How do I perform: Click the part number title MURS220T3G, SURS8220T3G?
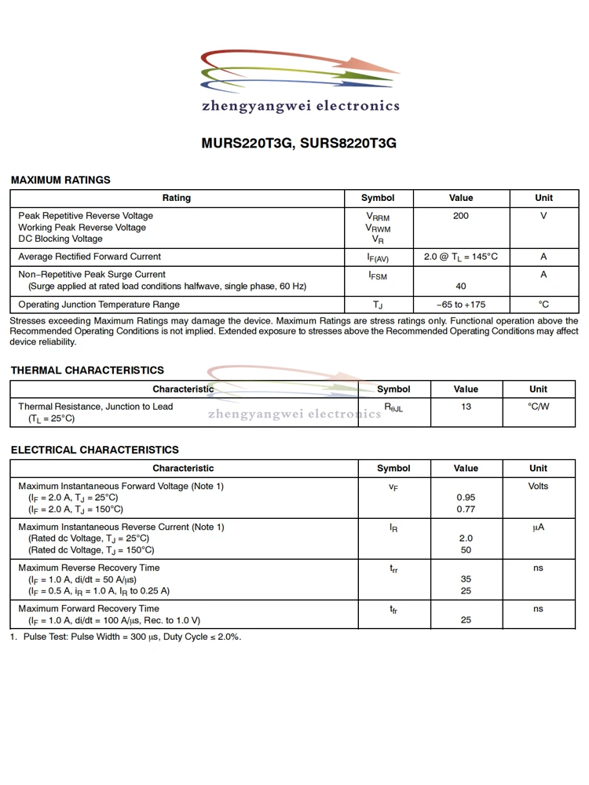(298, 144)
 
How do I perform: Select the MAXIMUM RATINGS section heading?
(60, 180)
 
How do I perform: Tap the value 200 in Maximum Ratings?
(461, 216)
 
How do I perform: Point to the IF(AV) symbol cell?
(378, 257)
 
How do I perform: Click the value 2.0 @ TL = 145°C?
(461, 257)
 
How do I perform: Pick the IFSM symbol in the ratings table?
(378, 276)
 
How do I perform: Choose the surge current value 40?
(461, 287)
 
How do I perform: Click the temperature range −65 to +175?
(461, 305)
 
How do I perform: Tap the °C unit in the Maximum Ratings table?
(543, 305)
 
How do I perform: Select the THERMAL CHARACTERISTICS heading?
(87, 370)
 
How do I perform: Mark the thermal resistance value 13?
(466, 407)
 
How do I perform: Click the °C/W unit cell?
(538, 407)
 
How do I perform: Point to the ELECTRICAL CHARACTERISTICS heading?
(94, 450)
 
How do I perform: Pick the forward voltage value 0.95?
(466, 498)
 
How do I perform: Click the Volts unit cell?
(538, 487)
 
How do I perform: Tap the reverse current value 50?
(466, 550)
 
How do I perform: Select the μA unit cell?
(538, 528)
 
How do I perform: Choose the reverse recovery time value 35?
(466, 579)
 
